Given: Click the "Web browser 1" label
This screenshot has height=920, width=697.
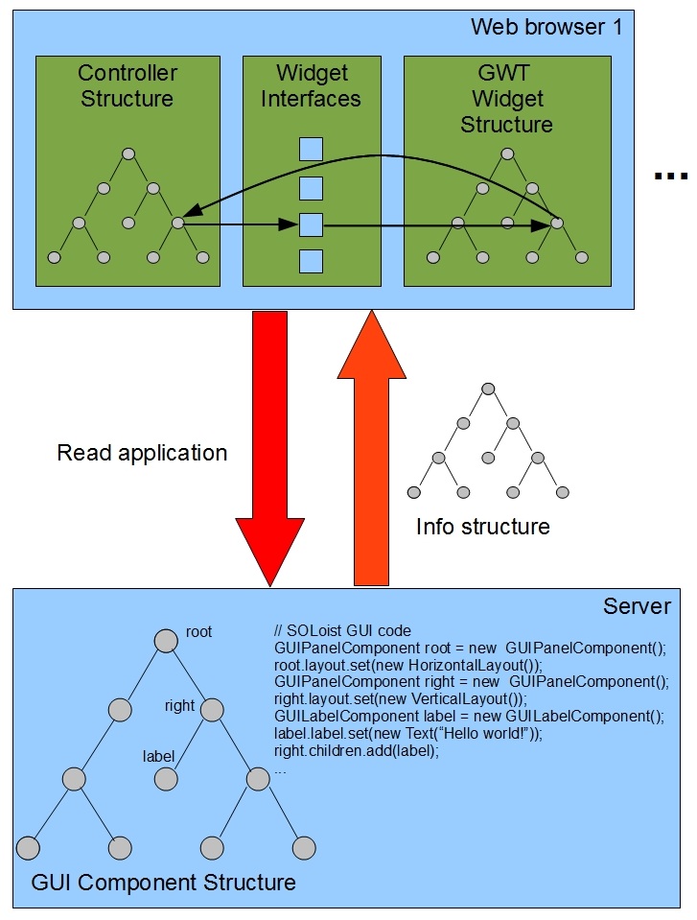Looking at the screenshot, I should click(546, 27).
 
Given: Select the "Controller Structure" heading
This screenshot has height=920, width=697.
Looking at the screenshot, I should click(128, 85).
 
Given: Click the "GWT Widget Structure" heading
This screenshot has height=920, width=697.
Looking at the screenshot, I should click(507, 99).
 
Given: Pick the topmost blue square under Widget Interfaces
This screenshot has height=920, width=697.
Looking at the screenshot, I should click(311, 150).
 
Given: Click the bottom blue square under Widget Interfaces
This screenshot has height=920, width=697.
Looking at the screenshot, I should click(311, 261).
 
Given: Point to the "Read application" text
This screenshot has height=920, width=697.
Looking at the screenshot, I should click(142, 453).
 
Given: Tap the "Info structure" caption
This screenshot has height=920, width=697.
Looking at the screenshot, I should click(482, 527).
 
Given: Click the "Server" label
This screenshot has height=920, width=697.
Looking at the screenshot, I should click(637, 606).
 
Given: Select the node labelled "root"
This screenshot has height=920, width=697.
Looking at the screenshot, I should click(169, 640).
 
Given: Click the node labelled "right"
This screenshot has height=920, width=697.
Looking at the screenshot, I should click(211, 710).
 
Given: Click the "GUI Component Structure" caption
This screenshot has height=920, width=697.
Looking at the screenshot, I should click(164, 882).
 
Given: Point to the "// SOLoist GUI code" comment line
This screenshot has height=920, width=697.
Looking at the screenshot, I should click(342, 630).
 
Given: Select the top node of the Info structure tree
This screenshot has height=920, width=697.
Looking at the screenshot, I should click(487, 389).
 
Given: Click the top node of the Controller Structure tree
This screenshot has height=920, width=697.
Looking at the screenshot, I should click(128, 153).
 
